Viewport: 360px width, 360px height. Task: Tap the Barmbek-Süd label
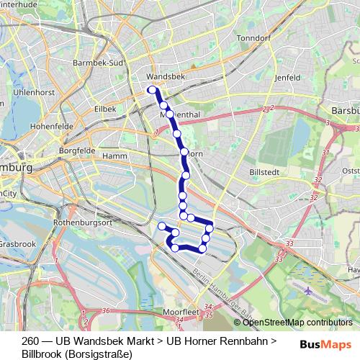coord(99,63)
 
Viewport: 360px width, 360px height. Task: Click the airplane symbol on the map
coord(310,292)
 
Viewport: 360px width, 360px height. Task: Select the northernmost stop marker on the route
coord(151,90)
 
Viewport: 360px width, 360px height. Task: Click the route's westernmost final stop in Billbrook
coord(162,227)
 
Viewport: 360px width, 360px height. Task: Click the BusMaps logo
coord(326,344)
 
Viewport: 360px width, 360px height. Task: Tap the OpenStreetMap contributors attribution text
coord(294,323)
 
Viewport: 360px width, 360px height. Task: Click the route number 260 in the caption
coord(30,341)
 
